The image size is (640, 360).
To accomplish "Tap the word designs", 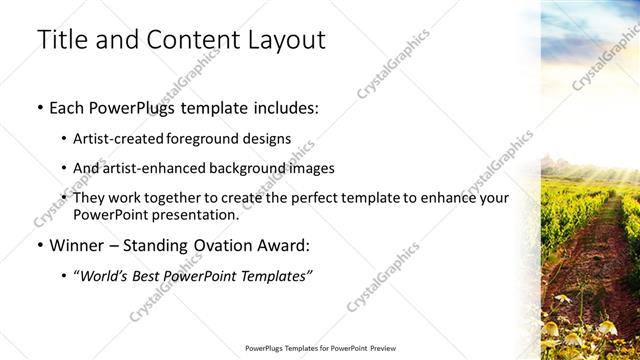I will pos(266,139).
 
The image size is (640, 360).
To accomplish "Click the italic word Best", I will pos(163,275).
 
